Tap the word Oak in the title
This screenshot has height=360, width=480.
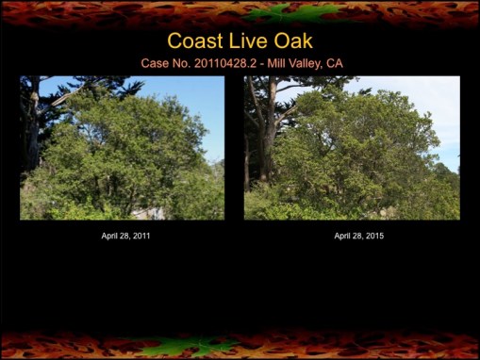tap(292, 41)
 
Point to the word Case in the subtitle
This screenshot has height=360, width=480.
tap(152, 62)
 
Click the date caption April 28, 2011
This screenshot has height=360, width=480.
tap(125, 236)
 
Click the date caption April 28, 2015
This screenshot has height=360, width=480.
tap(358, 236)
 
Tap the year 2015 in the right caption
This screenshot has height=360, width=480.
tap(373, 236)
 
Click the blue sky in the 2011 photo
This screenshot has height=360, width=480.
tap(193, 94)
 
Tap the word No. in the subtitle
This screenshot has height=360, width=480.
tap(176, 62)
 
